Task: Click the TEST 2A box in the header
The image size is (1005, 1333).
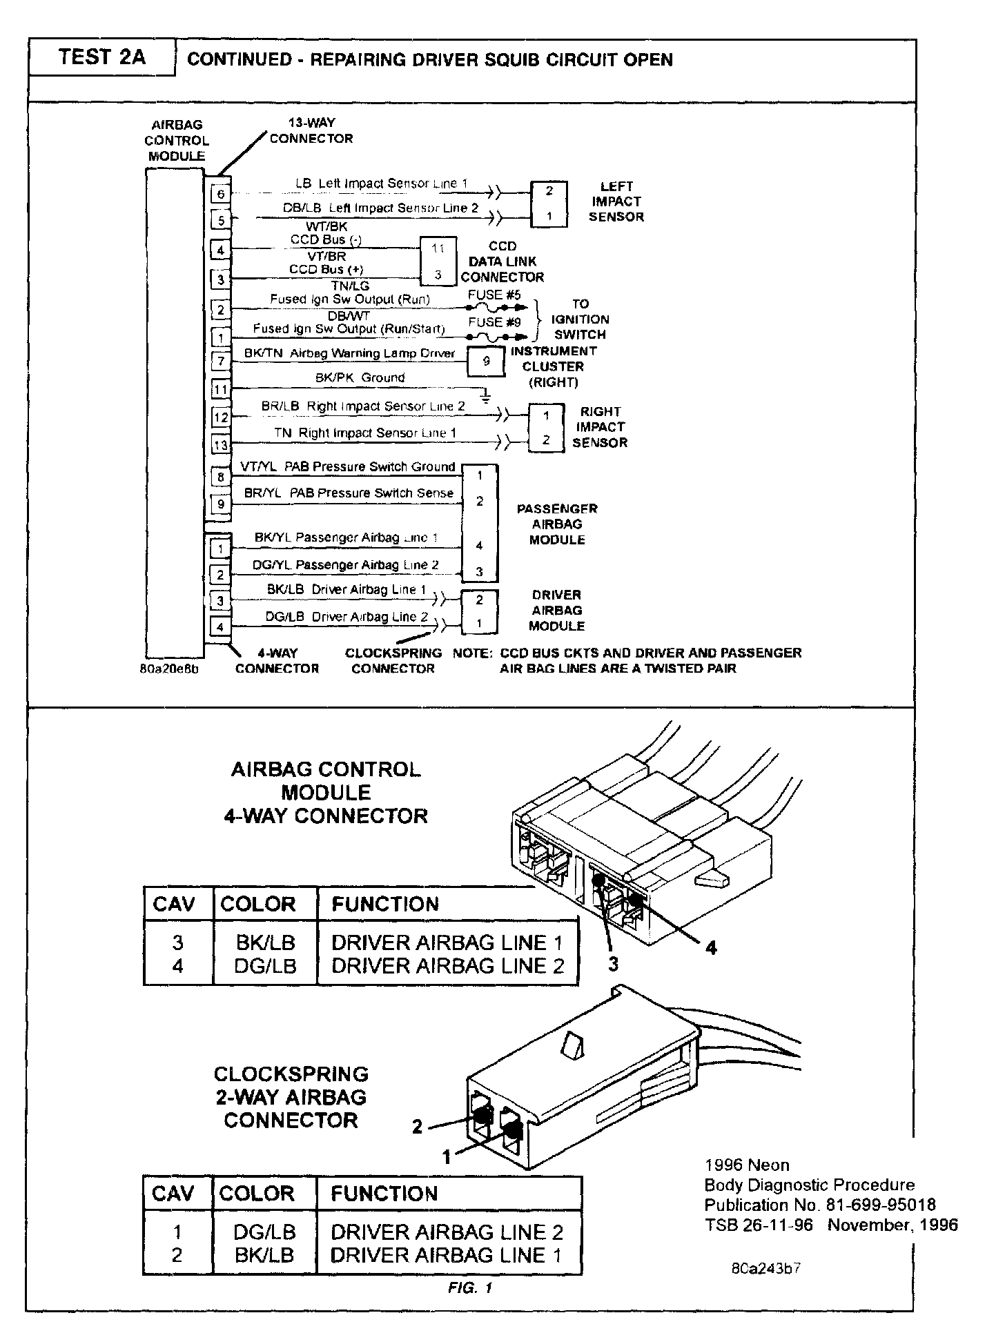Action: (102, 57)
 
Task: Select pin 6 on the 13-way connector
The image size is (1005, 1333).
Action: (221, 194)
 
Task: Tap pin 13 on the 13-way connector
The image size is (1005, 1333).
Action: (220, 445)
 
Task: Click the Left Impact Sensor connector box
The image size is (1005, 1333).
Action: (549, 204)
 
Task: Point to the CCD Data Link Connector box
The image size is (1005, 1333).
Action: (438, 261)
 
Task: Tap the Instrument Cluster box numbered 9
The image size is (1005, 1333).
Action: (486, 361)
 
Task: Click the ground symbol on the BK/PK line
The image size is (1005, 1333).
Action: (487, 396)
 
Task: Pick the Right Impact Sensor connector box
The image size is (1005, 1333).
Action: (546, 428)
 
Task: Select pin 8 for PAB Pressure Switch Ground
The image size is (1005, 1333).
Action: (221, 477)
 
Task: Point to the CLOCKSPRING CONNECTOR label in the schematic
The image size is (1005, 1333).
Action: (393, 660)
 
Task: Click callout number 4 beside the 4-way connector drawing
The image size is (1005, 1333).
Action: (710, 948)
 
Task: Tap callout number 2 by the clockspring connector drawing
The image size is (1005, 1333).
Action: (417, 1127)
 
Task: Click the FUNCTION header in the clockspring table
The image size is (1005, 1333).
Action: (384, 1194)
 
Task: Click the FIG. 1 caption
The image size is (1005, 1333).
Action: (469, 1287)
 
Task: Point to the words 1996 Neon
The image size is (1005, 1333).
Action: (747, 1165)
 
